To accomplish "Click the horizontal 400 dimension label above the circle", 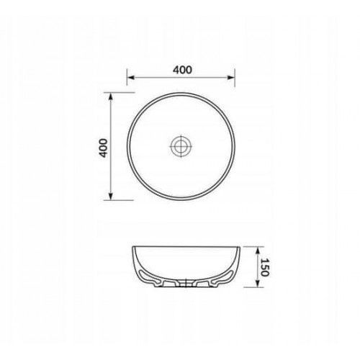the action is pos(182,70).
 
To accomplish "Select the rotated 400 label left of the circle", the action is pos(104,148).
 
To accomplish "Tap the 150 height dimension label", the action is pos(264,267).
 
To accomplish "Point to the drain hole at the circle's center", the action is pos(181,146).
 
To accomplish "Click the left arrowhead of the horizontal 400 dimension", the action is pos(130,77).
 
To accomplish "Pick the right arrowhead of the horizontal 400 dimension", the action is pos(231,77).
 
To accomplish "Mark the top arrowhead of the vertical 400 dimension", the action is pos(110,96).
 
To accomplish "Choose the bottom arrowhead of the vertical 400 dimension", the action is pos(110,196).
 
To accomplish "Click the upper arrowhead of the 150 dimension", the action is pos(257,251).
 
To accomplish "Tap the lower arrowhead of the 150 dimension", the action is pos(257,283).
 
